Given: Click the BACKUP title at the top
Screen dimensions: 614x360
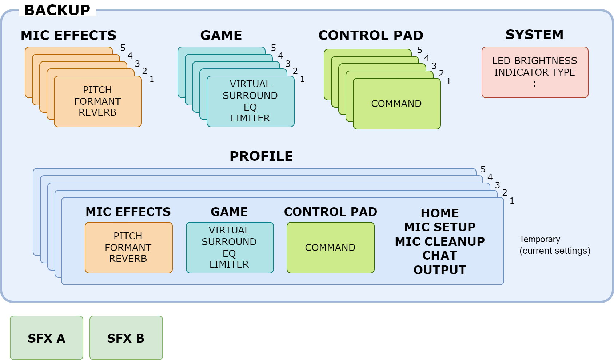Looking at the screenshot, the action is [57, 10].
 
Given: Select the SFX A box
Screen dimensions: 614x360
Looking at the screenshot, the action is [47, 337].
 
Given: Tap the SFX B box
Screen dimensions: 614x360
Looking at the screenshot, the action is [126, 337].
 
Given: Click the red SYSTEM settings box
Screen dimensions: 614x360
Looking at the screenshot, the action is [535, 72].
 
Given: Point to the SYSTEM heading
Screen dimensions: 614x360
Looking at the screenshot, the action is [534, 35].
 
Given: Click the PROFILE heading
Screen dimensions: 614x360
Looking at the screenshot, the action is [261, 156].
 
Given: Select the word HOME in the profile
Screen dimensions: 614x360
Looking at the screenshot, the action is [440, 213].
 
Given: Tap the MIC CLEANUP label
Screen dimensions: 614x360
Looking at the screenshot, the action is [440, 242].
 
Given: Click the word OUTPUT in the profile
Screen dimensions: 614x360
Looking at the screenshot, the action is [440, 270].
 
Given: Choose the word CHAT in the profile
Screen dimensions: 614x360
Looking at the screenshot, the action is [440, 256].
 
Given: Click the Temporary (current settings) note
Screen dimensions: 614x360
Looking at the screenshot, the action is [554, 245].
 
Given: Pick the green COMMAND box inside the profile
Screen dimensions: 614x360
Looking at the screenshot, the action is [331, 248].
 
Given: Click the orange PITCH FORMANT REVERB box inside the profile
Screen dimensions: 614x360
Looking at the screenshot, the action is [128, 248].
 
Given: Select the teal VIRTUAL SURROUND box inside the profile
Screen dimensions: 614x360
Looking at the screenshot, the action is [230, 248].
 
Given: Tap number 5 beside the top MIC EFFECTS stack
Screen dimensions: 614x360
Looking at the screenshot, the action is [123, 48].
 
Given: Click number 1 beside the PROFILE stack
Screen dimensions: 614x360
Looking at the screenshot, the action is [512, 201].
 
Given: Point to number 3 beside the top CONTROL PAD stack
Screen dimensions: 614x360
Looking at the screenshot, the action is [434, 66].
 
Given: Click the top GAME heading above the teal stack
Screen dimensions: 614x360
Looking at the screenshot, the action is [221, 35].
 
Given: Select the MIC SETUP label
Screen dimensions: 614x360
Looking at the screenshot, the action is [440, 227].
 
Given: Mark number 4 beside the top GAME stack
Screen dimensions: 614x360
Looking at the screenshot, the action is [280, 56].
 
